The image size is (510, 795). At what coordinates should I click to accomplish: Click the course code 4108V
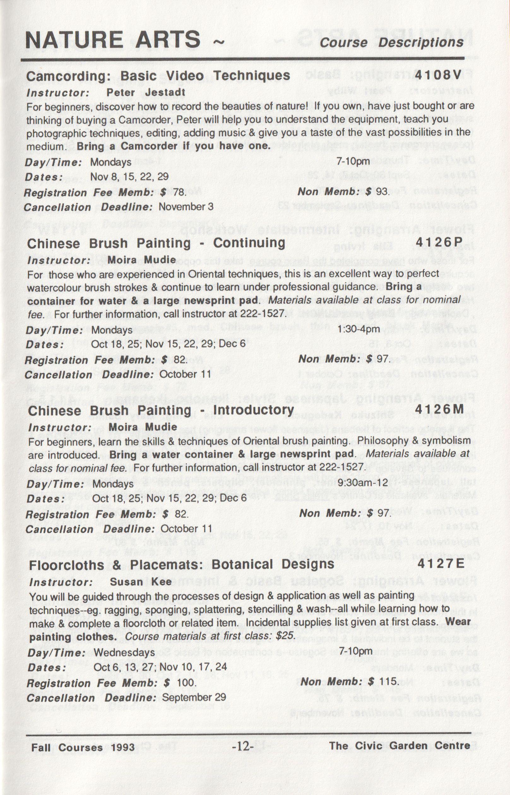coord(438,76)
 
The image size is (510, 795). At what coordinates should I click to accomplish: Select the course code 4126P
coord(438,243)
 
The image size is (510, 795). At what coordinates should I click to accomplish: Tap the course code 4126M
coord(439,409)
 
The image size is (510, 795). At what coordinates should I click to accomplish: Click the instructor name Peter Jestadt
coord(146,93)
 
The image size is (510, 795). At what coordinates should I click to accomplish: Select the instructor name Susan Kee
coord(141,581)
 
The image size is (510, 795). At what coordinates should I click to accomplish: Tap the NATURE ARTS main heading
coord(113,40)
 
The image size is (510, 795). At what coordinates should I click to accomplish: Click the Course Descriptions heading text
coord(392,42)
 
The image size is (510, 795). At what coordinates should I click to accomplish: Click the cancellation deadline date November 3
coord(186,207)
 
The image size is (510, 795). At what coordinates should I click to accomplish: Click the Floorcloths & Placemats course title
coord(181,564)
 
